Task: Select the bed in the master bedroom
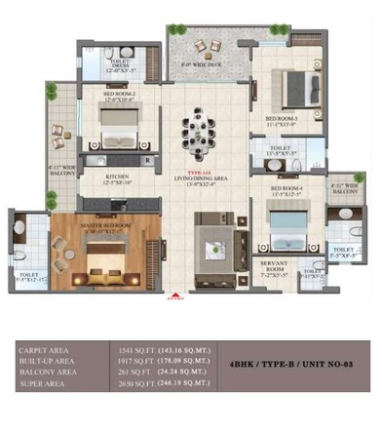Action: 98,258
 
